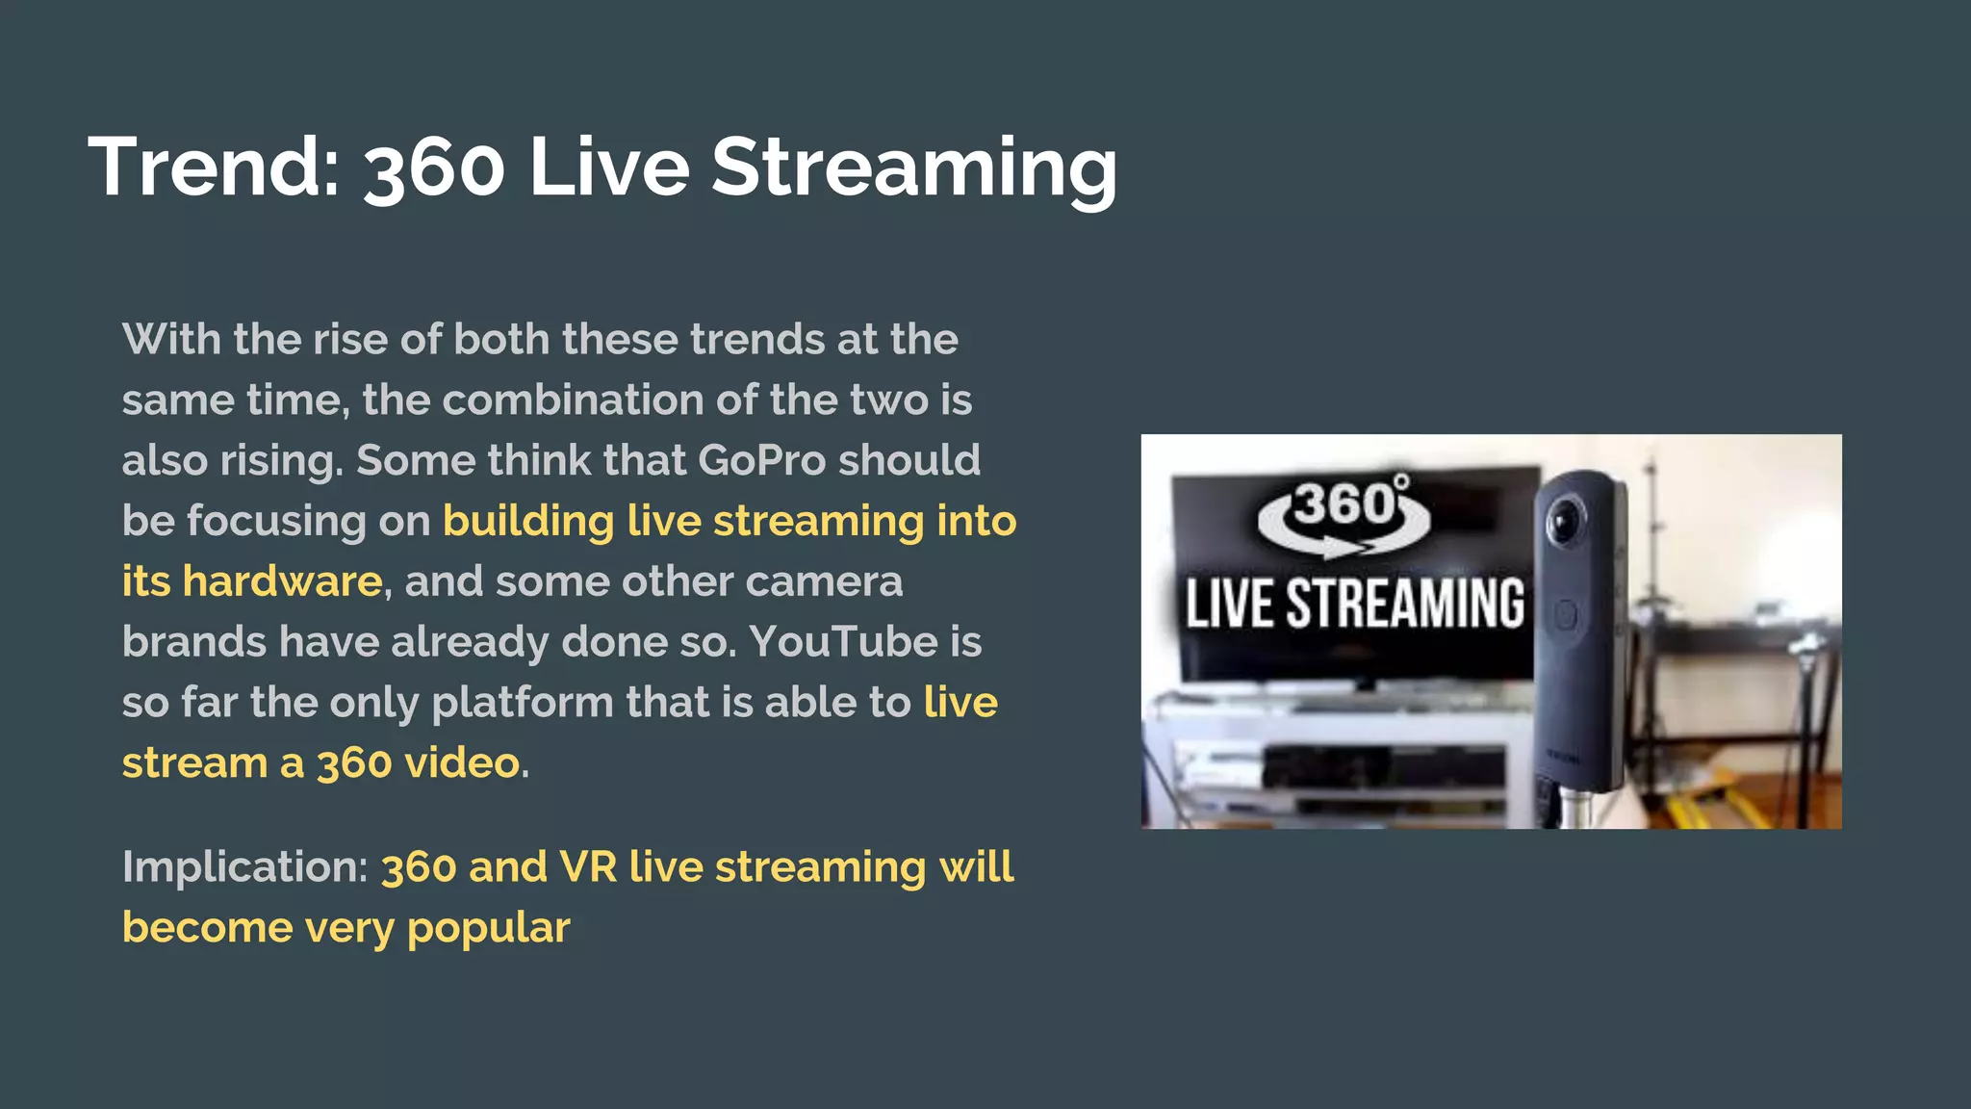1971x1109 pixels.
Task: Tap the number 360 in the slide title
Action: (x=434, y=169)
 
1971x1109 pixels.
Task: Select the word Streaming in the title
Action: (x=913, y=169)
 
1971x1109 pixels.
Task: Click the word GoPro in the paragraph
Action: (x=761, y=460)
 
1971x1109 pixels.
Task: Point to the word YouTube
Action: (x=843, y=642)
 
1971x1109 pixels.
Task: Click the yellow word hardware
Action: (x=282, y=581)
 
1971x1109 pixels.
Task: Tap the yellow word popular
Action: (x=488, y=928)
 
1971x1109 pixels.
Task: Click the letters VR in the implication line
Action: (x=588, y=866)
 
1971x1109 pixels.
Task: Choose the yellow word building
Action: (x=528, y=521)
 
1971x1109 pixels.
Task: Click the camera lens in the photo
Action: (x=1565, y=521)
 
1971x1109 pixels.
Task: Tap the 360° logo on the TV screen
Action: (x=1344, y=513)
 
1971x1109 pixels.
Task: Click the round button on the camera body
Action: (x=1566, y=615)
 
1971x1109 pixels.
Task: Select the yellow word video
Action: (x=462, y=763)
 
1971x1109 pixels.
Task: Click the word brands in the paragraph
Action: (x=193, y=642)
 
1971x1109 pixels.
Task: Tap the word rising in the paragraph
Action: (x=281, y=460)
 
